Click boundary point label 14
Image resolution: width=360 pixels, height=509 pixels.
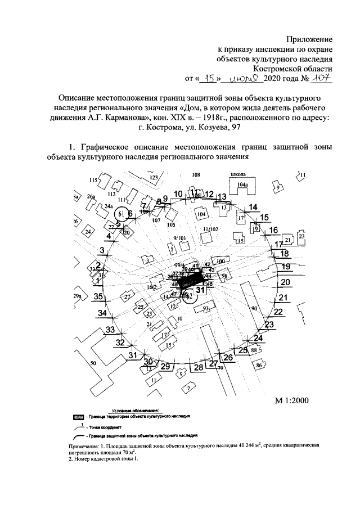coord(253,207)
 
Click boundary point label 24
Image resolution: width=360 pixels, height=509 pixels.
coord(258,337)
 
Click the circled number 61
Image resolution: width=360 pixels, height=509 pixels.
coord(120,214)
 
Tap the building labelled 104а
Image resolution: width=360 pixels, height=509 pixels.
coord(242,184)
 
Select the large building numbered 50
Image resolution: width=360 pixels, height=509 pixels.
coord(93,364)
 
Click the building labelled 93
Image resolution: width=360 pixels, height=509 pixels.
coord(206,309)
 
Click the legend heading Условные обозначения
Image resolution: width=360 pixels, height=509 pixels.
coord(136,411)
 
